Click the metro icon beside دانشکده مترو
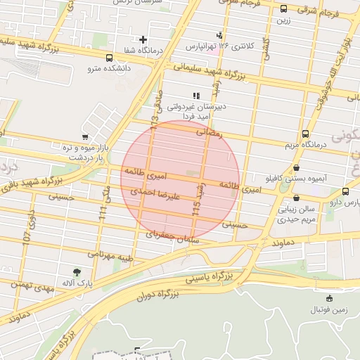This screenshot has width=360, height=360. (109, 58)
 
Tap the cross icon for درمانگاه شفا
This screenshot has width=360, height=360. (144, 39)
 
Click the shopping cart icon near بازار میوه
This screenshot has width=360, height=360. (85, 137)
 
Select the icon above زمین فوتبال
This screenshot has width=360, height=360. (330, 297)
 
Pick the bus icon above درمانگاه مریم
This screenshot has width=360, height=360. (304, 133)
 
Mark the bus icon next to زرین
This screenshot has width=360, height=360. (283, 9)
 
